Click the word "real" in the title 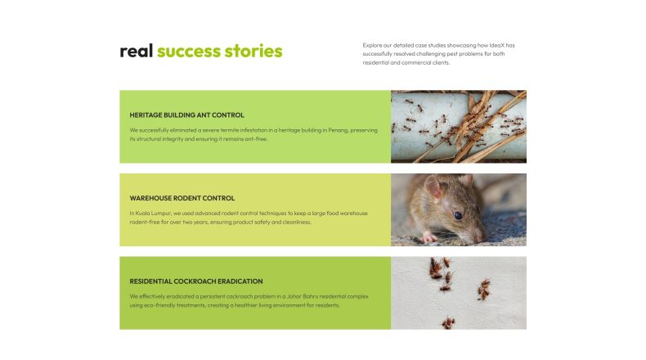[137, 51]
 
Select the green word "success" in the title [189, 51]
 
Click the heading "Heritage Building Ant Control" [186, 115]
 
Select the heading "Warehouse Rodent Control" [182, 198]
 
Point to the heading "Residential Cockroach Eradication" [196, 281]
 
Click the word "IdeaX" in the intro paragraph [497, 45]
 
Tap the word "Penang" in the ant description [338, 130]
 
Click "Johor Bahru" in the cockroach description [303, 296]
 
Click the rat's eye [458, 215]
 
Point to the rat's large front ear [433, 187]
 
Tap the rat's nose [479, 238]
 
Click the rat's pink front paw [428, 237]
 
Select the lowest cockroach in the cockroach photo [448, 322]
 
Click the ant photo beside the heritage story [459, 127]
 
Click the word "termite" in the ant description [230, 130]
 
